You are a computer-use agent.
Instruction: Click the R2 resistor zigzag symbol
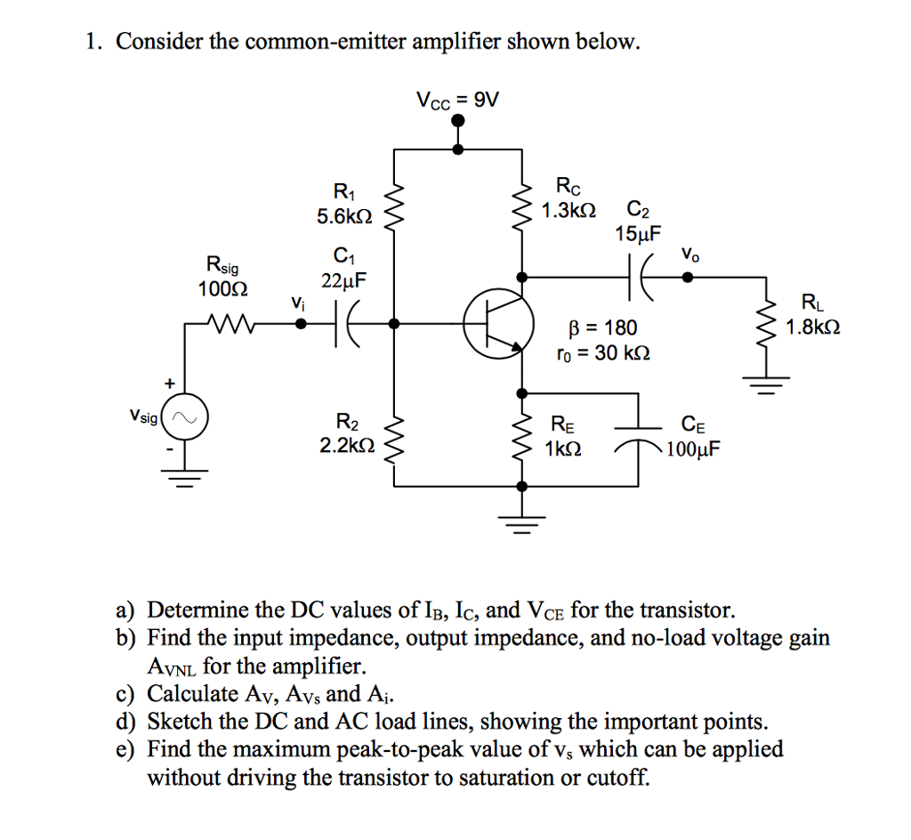point(395,435)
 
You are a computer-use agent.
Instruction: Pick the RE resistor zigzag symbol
point(521,435)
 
